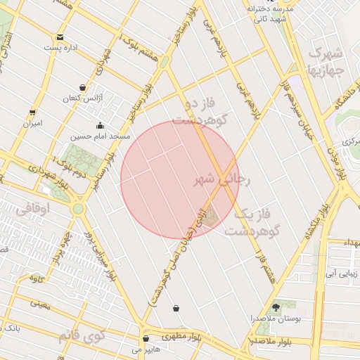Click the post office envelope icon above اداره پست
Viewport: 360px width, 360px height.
point(60,37)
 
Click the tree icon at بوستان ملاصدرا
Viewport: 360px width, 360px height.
point(275,307)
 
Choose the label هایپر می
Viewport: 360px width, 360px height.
point(146,349)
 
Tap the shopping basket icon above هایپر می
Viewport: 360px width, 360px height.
point(146,338)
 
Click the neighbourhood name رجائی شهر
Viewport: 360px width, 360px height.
point(221,180)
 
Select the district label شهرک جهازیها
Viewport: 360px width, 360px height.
point(326,62)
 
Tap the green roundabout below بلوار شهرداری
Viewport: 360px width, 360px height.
point(77,209)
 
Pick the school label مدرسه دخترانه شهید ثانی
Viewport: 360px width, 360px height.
point(269,13)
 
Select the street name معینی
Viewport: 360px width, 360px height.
point(41,304)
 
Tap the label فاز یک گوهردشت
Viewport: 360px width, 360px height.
point(253,221)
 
